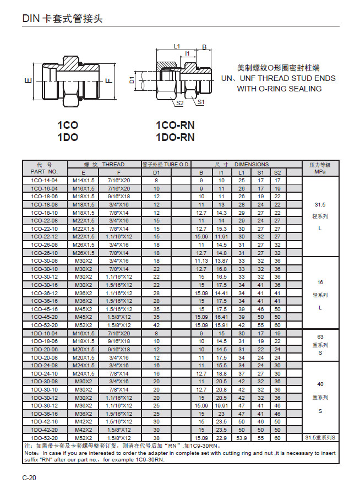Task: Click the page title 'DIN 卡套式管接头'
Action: [62, 18]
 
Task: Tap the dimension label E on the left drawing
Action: [28, 82]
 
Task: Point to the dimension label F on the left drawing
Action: [108, 81]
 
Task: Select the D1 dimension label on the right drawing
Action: [132, 80]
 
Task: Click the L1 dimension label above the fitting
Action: [177, 47]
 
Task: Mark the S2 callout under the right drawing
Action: [179, 102]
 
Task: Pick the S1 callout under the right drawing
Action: [200, 102]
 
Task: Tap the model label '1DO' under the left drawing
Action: [68, 138]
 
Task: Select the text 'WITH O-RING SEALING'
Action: [279, 89]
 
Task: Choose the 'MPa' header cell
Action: [320, 172]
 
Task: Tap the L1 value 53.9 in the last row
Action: [241, 438]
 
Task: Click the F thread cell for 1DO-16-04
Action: [119, 333]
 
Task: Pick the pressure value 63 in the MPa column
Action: [320, 336]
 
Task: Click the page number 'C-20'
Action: [29, 477]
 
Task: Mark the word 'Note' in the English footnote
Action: [31, 453]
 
